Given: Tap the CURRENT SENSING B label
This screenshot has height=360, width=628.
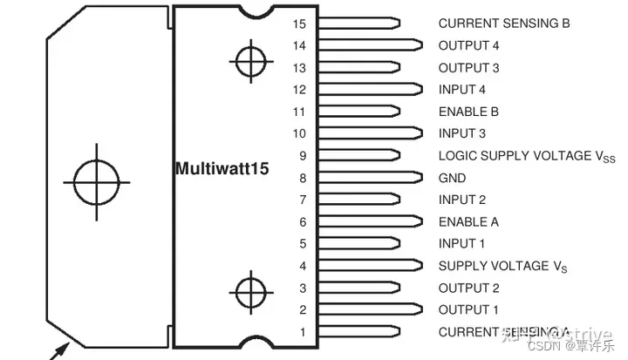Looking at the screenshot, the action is [x=503, y=24].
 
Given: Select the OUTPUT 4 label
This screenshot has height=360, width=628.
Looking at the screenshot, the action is [x=469, y=45].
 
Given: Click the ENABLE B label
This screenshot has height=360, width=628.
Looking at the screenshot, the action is [x=468, y=112].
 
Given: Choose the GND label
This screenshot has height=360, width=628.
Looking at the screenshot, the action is [x=452, y=178].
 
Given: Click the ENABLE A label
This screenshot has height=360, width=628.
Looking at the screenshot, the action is [x=468, y=221].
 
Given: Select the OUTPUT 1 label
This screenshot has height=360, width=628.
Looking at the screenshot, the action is [x=469, y=309].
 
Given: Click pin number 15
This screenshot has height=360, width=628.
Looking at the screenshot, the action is [x=300, y=24].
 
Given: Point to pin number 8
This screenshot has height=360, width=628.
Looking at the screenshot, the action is [x=303, y=178].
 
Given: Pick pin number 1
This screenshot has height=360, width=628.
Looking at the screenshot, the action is [x=303, y=331].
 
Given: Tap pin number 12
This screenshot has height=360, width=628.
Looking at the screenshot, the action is [x=300, y=89].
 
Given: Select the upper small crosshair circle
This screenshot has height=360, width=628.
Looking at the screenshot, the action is [x=249, y=62].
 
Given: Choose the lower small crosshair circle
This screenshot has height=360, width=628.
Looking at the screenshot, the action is [x=249, y=289].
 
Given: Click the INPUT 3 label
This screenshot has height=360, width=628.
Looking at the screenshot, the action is [x=462, y=133].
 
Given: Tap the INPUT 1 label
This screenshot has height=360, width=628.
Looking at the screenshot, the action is [x=462, y=243].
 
